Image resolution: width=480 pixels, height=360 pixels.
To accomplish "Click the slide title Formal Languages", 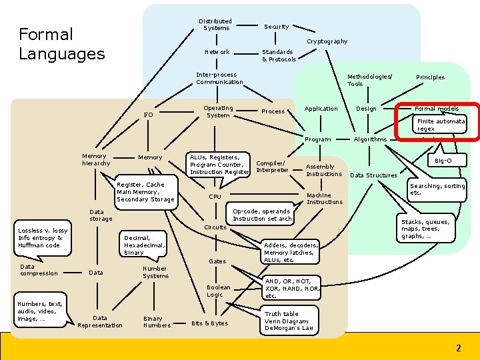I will [62, 44].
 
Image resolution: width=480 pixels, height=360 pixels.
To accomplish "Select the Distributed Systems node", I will [216, 25].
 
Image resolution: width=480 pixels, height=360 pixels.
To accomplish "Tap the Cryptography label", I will [327, 41].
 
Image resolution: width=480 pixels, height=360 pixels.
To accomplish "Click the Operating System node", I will [218, 111].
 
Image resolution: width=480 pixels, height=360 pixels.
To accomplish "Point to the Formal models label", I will [437, 109].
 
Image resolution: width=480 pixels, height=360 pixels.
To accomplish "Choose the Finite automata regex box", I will [441, 125].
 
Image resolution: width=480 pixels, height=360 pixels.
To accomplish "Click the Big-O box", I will [443, 161].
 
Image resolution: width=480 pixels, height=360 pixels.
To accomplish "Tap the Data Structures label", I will [373, 175].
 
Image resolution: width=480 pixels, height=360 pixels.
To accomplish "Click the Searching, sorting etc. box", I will [437, 189].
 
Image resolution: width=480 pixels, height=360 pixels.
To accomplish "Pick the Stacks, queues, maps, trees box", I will [425, 229].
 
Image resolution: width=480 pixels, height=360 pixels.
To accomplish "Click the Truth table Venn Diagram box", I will [289, 321].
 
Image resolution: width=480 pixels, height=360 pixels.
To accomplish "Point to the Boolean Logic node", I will [219, 291].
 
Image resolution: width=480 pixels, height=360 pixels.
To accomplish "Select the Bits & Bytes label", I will [209, 323].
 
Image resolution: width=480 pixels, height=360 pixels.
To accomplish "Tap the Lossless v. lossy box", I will [43, 238].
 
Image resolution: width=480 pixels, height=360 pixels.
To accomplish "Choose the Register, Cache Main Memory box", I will [145, 192].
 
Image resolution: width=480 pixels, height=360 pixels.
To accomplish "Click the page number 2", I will [458, 348].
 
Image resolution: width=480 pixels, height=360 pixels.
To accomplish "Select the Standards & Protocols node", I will [279, 55].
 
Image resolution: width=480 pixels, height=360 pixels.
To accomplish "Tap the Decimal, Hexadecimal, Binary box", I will [143, 245].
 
